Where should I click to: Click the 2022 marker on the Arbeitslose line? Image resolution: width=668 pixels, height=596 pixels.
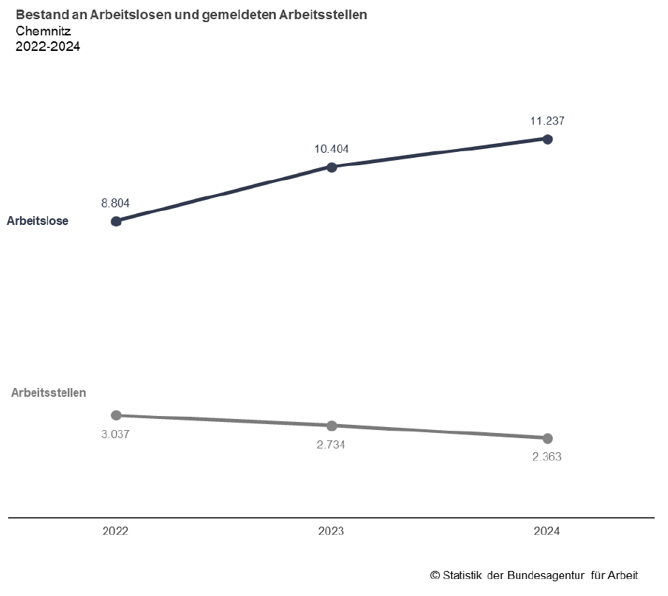(116, 221)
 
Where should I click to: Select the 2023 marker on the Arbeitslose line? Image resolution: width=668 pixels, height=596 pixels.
(331, 167)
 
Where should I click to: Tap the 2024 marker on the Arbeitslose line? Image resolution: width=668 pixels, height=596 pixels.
(547, 139)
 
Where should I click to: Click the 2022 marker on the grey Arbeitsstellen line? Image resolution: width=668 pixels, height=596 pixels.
(116, 415)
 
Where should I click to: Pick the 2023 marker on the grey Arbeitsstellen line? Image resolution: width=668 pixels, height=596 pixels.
(331, 426)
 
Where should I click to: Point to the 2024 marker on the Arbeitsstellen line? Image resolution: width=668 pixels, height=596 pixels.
(547, 438)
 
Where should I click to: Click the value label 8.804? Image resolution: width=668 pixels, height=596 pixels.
(116, 203)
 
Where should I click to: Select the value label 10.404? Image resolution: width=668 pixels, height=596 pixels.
(331, 149)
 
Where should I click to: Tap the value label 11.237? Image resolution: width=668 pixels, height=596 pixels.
(547, 120)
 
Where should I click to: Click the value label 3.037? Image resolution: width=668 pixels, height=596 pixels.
(116, 434)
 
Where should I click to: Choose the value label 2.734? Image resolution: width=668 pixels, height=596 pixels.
(331, 445)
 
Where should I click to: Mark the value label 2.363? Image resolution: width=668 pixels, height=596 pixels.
(547, 457)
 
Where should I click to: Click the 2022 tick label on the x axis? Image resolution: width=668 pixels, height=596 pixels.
(116, 531)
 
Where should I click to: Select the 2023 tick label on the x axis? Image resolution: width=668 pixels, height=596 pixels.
(331, 531)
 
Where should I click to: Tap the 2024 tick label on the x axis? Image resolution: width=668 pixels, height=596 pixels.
(547, 531)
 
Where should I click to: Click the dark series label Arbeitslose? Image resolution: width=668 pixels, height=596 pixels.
(38, 221)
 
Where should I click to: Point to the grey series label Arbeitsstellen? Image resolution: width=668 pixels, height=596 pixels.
(49, 393)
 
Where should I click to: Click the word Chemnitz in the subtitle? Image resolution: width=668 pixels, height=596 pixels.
(43, 31)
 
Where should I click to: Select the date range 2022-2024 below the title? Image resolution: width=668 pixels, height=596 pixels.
(47, 46)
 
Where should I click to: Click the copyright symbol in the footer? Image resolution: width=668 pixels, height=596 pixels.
(435, 575)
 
